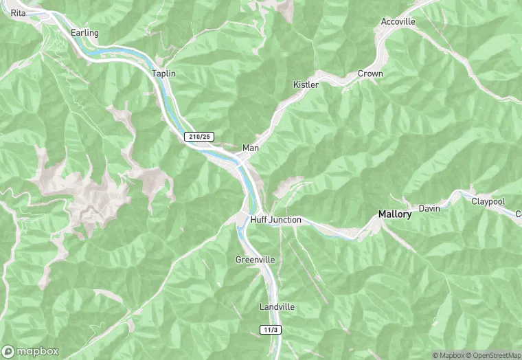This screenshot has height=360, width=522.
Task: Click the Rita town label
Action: [x=19, y=13]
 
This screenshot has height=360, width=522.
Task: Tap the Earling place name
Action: [x=84, y=33]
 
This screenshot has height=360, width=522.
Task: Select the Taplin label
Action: [x=164, y=73]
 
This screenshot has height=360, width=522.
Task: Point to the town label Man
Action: [x=250, y=148]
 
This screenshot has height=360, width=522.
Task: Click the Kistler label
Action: [x=306, y=85]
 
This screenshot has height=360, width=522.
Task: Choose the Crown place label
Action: [x=370, y=74]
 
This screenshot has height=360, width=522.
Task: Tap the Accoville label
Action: [x=398, y=21]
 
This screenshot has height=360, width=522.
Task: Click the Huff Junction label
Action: [x=275, y=220]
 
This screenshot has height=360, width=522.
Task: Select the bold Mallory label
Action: [x=395, y=214]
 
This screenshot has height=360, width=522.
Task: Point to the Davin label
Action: [x=429, y=208]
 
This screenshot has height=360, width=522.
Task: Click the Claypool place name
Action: [x=488, y=201]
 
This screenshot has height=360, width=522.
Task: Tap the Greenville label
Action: [x=255, y=260]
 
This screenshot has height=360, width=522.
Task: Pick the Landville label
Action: [x=277, y=306]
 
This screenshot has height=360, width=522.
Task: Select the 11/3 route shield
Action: [x=271, y=330]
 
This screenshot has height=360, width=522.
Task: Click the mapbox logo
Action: [x=31, y=351]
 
